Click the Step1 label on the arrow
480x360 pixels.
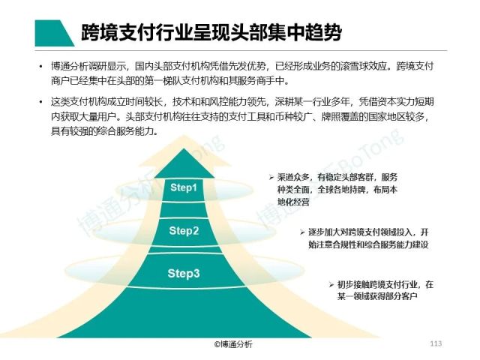click(183, 187)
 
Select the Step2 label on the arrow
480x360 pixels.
click(183, 230)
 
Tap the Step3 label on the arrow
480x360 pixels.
click(183, 273)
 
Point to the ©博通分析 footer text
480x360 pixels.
click(233, 344)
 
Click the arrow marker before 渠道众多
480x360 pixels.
click(273, 178)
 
